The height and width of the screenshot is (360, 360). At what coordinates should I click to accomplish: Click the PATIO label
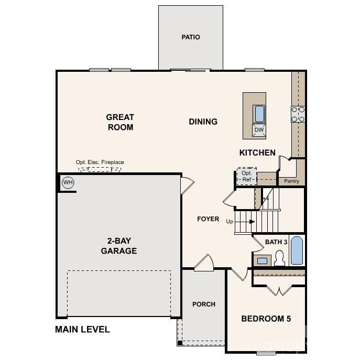(191, 37)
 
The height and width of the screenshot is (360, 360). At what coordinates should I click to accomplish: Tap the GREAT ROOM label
(120, 122)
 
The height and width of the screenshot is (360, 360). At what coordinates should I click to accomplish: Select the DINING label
(203, 122)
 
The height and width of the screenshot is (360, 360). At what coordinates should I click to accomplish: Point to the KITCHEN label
(257, 152)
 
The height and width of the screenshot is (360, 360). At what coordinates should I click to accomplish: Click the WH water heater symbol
(68, 182)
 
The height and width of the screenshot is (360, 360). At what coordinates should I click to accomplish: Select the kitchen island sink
(259, 113)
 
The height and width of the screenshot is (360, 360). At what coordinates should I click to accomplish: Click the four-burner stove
(298, 114)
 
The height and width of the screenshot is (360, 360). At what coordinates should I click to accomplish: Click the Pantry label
(291, 181)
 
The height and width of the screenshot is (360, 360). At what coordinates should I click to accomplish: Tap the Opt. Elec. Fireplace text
(100, 162)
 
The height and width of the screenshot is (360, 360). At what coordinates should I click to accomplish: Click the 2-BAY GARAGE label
(119, 246)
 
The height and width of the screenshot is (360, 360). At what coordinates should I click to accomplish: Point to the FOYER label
(208, 219)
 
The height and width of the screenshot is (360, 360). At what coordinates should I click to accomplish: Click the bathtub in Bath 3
(297, 250)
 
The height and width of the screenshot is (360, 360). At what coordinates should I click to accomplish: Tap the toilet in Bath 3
(280, 258)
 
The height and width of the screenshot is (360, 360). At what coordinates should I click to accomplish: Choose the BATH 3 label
(276, 242)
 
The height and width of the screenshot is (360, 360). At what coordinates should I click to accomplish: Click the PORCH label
(204, 304)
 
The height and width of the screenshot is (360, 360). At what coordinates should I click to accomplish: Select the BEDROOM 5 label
(266, 319)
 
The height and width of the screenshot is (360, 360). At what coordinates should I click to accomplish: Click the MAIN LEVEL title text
(83, 330)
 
